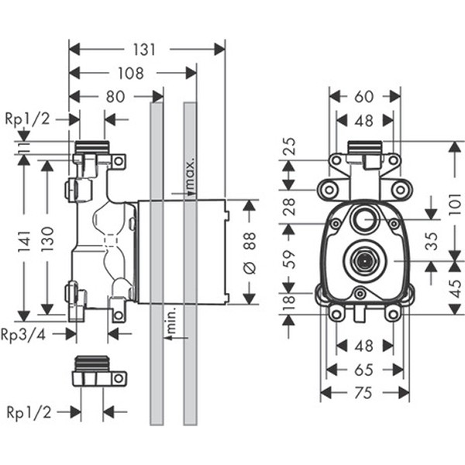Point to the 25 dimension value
click(288, 148)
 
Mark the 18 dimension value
click(288, 301)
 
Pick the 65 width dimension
click(364, 370)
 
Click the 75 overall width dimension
click(364, 393)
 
